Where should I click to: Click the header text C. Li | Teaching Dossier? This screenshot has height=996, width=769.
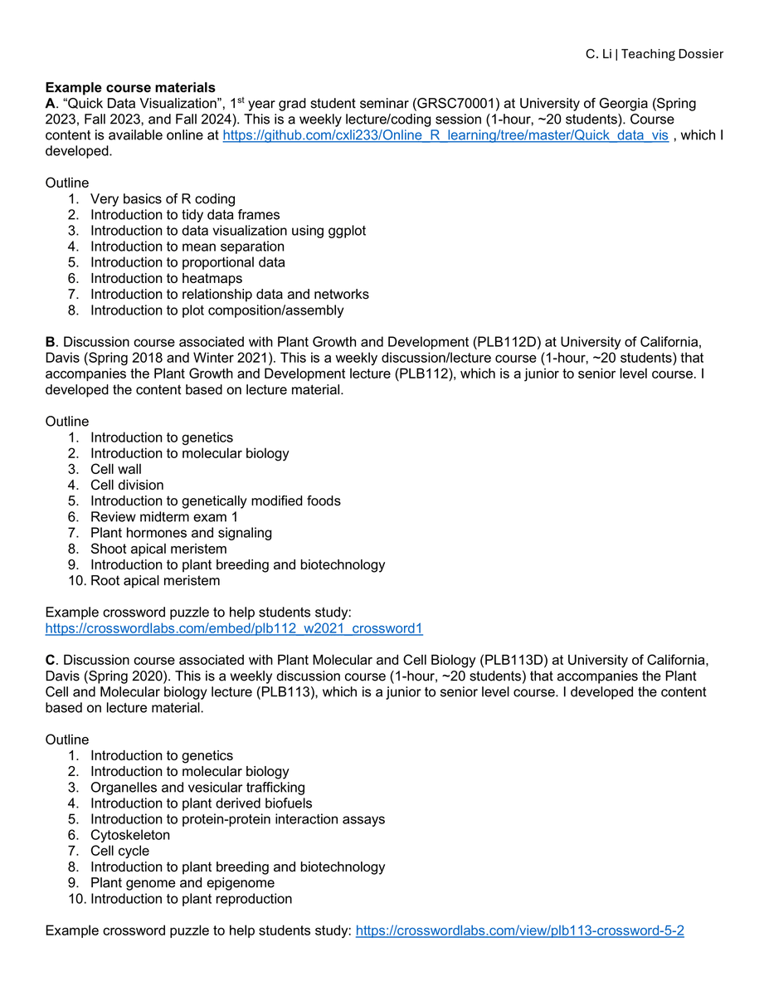pos(654,54)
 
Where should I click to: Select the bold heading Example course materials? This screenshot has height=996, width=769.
pos(130,88)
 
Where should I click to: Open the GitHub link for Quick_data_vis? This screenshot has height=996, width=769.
pos(445,135)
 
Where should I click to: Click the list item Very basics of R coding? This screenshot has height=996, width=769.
pos(163,199)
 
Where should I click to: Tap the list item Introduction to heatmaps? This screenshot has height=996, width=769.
pos(166,279)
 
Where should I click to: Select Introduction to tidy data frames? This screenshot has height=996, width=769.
pos(185,215)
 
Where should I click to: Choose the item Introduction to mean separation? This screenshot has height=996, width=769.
pos(187,247)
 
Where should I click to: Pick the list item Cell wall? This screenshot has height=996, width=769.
pos(116,469)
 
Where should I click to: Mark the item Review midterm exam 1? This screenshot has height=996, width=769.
pos(163,517)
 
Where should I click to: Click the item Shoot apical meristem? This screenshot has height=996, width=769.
pos(158,549)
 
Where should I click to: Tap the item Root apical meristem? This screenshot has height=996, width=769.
pos(155,581)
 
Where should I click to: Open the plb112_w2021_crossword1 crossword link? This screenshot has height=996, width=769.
pos(234,629)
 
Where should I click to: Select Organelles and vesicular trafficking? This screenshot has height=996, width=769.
pos(197,788)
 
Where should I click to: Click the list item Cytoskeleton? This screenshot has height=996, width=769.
pos(130,835)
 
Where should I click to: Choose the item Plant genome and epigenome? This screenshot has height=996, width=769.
pos(183,883)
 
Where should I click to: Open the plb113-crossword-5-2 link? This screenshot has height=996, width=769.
pos(519,931)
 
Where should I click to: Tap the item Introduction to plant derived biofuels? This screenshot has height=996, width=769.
pos(202,803)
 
